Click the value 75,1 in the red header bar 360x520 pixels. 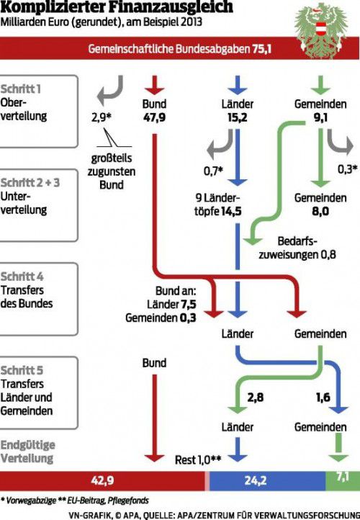pyautogui.click(x=262, y=49)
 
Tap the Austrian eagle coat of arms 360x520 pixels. pyautogui.click(x=320, y=31)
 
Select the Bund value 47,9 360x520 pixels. pyautogui.click(x=154, y=117)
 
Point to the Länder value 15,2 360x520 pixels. pyautogui.click(x=238, y=117)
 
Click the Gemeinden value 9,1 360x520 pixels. pyautogui.click(x=320, y=117)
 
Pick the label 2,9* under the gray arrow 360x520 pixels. pyautogui.click(x=101, y=117)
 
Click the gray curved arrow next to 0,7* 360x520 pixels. pyautogui.click(x=220, y=143)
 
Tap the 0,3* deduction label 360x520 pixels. pyautogui.click(x=348, y=169)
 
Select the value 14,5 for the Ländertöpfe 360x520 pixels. pyautogui.click(x=231, y=211)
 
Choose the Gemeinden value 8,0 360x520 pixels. pyautogui.click(x=320, y=211)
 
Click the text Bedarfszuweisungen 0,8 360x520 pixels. pyautogui.click(x=297, y=248)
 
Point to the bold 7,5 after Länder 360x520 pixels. pyautogui.click(x=189, y=304)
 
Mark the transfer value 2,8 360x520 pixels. pyautogui.click(x=256, y=397)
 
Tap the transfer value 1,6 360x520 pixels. pyautogui.click(x=323, y=397)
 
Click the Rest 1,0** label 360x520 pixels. pyautogui.click(x=198, y=460)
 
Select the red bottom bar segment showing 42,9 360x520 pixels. pyautogui.click(x=103, y=481)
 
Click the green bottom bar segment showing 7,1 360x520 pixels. pyautogui.click(x=343, y=481)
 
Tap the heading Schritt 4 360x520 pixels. pyautogui.click(x=22, y=277)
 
